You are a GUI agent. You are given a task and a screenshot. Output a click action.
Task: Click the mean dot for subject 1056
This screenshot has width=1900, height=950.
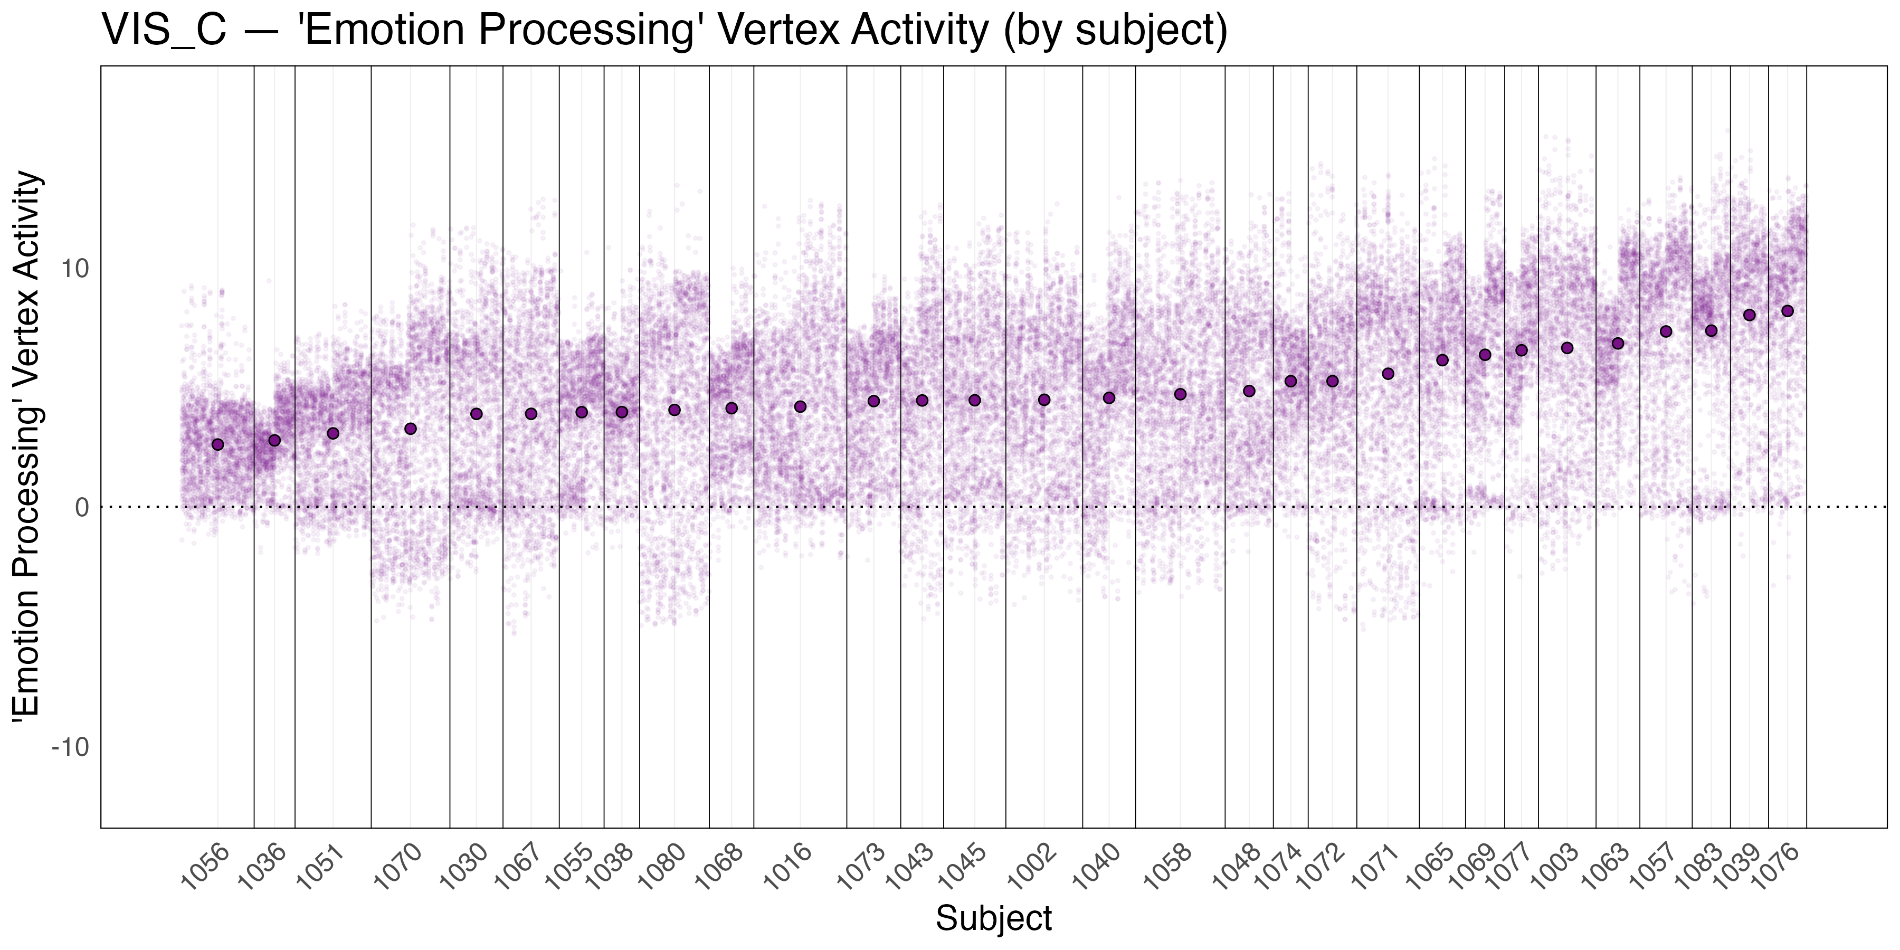coord(217,444)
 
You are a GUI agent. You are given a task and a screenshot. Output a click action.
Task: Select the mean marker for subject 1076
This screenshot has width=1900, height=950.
coord(1787,310)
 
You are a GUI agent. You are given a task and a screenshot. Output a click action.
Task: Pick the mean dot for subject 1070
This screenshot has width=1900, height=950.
coord(411,429)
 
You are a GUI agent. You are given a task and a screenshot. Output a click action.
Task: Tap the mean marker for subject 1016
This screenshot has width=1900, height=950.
coord(800,406)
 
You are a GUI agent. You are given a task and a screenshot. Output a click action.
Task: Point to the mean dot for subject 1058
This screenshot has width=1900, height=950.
coord(1180,394)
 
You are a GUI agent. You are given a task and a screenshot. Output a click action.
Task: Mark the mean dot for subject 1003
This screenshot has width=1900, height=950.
coord(1567,347)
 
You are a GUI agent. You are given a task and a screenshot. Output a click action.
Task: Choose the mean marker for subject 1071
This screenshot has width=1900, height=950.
coord(1388,373)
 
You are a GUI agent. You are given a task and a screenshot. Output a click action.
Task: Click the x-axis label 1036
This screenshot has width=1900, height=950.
coord(261,868)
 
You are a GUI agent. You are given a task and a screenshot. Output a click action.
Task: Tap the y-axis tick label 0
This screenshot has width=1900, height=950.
coord(81,507)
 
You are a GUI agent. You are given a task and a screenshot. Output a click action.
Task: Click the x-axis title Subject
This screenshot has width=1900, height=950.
coord(993,919)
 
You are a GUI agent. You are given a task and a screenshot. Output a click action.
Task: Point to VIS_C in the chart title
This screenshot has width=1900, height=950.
coord(163,31)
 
